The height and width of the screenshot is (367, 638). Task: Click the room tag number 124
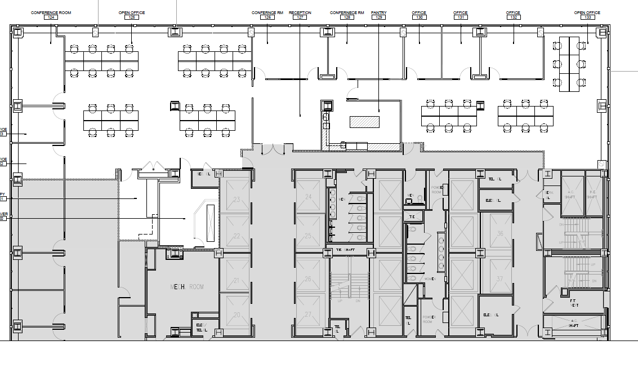point(52,17)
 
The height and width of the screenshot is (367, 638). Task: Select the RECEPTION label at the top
point(300,12)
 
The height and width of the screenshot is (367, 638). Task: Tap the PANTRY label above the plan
point(378,12)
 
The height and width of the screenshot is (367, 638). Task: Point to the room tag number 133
point(587,17)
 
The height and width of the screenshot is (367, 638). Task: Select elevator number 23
point(237,199)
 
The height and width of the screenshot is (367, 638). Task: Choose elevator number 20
point(237,315)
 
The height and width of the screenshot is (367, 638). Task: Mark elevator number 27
point(308,315)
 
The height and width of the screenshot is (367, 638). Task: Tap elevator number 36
point(499,233)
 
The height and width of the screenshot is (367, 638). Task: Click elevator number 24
point(308,197)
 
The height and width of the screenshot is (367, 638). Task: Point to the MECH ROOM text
point(187,287)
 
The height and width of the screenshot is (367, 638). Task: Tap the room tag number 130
point(418,17)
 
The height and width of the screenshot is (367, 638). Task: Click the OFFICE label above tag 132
point(513,12)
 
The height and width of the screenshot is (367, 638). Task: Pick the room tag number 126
point(267,17)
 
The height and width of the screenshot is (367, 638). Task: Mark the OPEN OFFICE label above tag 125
point(132,12)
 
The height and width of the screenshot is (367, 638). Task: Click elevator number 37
point(499,279)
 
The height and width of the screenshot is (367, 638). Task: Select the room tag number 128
point(347,17)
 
